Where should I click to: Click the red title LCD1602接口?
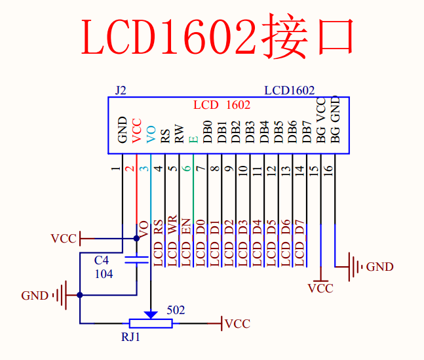217,37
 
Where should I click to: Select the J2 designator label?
120,90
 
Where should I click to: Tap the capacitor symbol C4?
137,260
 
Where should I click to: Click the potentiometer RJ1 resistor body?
151,323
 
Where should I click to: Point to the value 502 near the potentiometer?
176,310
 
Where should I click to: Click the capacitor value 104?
104,274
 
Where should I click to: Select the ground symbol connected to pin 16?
355,266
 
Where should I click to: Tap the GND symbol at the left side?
60,295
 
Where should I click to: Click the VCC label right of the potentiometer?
237,324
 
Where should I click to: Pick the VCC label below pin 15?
320,289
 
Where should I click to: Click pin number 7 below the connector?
201,169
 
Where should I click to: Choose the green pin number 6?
187,169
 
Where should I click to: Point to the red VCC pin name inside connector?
136,130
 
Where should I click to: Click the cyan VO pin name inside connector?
151,134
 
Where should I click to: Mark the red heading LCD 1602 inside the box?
222,105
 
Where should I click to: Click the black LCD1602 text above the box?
289,90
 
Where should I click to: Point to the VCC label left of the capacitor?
64,239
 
